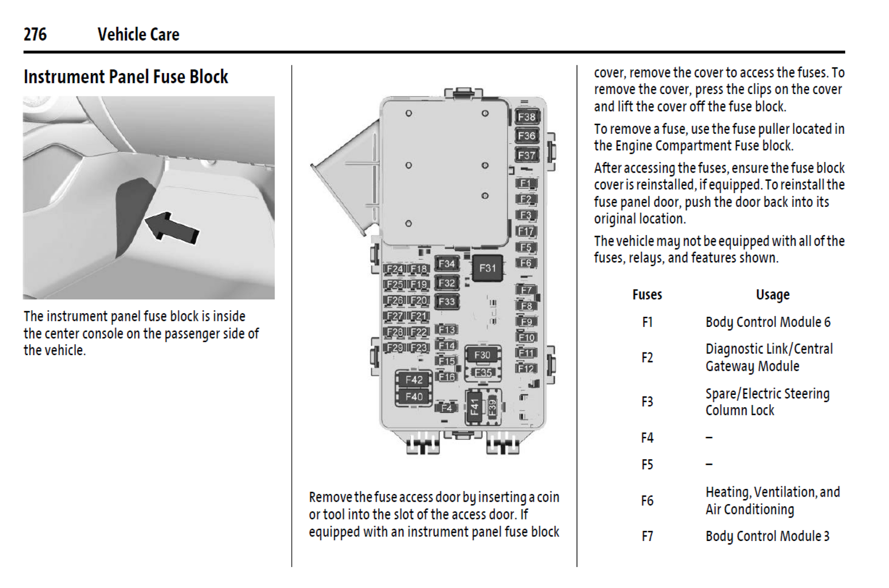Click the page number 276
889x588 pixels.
tap(35, 34)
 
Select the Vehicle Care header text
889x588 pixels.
tap(138, 34)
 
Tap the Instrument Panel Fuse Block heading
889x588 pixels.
tap(126, 77)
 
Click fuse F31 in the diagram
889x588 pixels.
tap(487, 268)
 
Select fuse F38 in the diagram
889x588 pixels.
tap(526, 117)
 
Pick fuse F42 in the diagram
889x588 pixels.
tap(414, 379)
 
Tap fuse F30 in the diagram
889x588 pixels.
tap(482, 355)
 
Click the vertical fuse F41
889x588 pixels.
tap(475, 406)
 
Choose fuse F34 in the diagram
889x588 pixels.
tap(446, 264)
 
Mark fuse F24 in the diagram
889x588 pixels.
tap(394, 269)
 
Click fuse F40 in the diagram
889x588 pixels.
tap(414, 396)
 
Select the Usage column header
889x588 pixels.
tap(773, 295)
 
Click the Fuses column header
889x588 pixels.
tap(647, 295)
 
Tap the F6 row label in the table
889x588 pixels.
tap(647, 501)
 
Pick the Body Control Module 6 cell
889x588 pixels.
tap(768, 322)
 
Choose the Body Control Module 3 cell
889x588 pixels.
tap(767, 536)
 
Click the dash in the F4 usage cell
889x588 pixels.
tap(709, 438)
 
